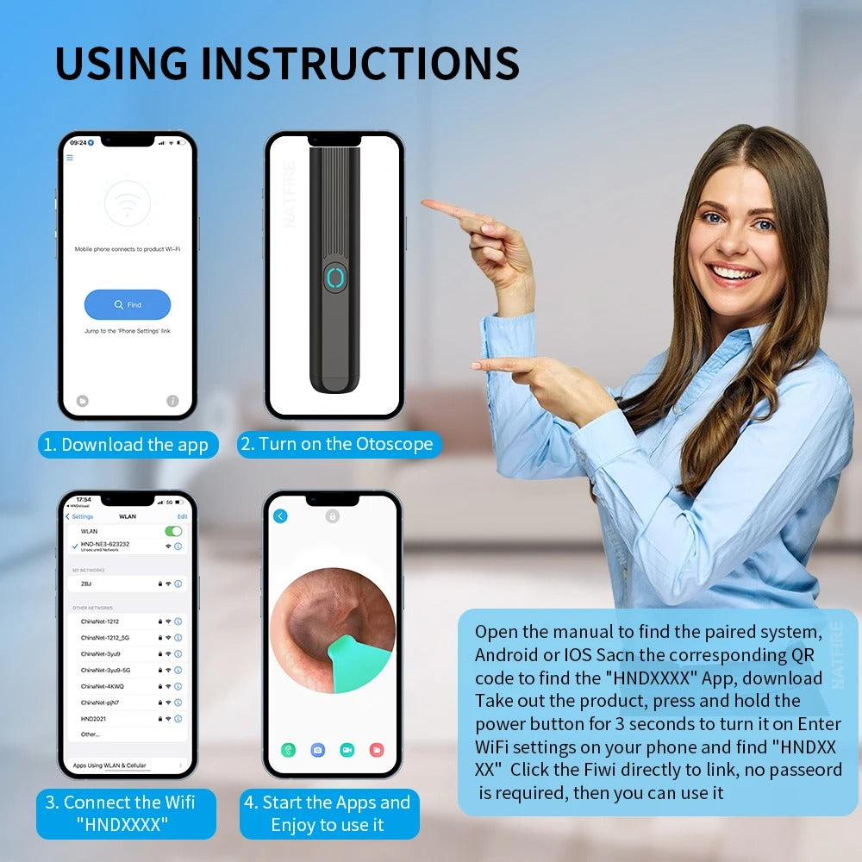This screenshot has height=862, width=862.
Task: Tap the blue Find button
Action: click(128, 304)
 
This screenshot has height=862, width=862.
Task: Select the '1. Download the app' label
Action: click(127, 445)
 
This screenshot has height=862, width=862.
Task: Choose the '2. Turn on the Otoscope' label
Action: click(339, 444)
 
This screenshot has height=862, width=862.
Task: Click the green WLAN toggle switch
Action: click(173, 531)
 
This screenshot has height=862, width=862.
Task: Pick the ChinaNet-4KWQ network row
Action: click(103, 686)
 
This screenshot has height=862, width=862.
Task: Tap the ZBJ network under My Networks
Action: click(86, 584)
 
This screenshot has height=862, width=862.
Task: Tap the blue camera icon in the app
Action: click(318, 750)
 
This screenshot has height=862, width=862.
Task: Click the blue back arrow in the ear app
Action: click(280, 516)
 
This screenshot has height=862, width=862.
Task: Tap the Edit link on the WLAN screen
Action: click(182, 516)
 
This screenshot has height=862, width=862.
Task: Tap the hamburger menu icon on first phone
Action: click(70, 158)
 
